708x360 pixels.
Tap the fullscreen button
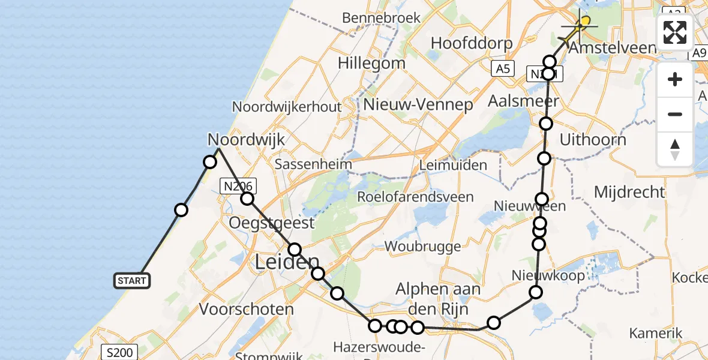click(675, 32)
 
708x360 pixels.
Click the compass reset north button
click(675, 149)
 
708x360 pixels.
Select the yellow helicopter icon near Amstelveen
click(578, 26)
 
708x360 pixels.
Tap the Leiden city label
click(287, 262)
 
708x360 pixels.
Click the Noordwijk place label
click(246, 140)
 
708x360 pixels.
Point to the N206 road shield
click(238, 186)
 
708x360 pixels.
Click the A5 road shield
click(502, 70)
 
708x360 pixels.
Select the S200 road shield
click(119, 352)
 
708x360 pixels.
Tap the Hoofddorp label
click(472, 44)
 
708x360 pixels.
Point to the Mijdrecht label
click(629, 192)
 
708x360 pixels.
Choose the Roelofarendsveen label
click(415, 197)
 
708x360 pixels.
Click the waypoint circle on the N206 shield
click(247, 199)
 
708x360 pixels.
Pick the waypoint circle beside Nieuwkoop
click(536, 292)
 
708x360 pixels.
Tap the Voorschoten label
click(247, 310)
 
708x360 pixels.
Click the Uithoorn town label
click(592, 140)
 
